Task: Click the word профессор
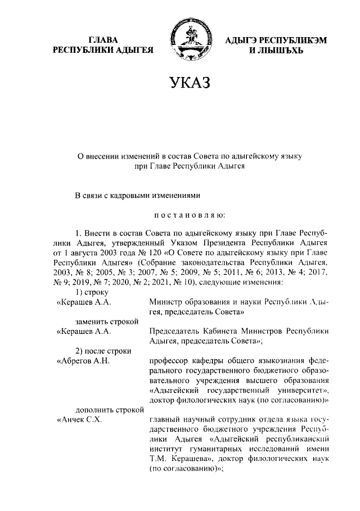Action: (172, 361)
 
